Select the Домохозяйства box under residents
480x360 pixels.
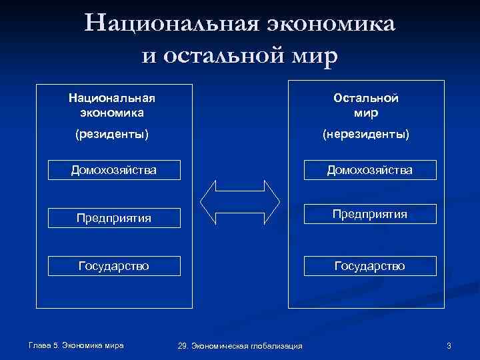[x=114, y=170]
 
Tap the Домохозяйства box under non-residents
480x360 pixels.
[x=369, y=170]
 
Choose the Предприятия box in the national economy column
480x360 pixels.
[x=114, y=218]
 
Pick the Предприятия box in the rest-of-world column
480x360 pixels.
[x=369, y=214]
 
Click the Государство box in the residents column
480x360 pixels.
[x=114, y=266]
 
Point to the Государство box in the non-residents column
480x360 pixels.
[x=369, y=266]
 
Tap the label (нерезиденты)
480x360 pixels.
[x=366, y=135]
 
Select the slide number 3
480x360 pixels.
[x=449, y=345]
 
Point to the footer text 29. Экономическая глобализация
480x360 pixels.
[x=240, y=345]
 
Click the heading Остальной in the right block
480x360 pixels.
[x=366, y=98]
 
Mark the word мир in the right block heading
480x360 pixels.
[x=366, y=112]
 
